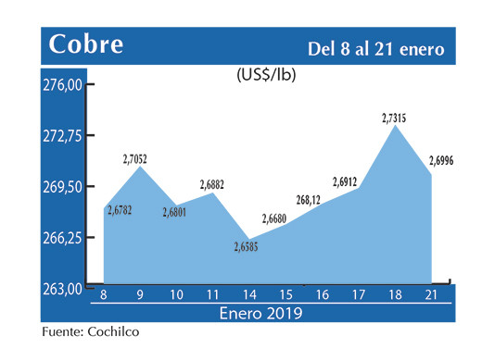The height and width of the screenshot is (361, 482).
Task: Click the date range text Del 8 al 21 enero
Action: click(x=375, y=47)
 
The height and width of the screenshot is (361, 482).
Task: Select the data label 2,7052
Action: click(x=135, y=160)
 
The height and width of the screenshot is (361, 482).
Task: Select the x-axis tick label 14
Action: click(x=249, y=295)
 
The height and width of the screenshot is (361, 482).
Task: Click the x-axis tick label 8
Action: click(x=104, y=295)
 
